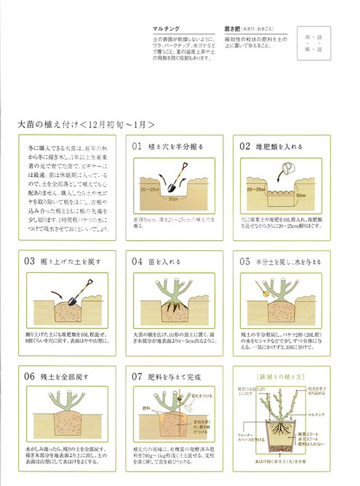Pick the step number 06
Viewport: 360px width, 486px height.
coord(31,377)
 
